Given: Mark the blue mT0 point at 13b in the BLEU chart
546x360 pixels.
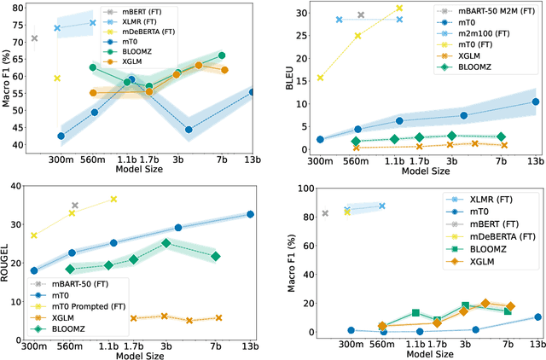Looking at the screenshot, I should pyautogui.click(x=535, y=102).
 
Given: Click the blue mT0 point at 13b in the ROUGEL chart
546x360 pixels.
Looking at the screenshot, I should pyautogui.click(x=250, y=214).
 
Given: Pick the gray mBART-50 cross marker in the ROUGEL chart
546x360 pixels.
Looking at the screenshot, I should pyautogui.click(x=74, y=206).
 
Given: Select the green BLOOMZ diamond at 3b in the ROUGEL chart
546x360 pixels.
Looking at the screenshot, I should pyautogui.click(x=166, y=242).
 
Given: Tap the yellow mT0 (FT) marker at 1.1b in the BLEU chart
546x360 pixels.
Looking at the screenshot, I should pyautogui.click(x=398, y=9).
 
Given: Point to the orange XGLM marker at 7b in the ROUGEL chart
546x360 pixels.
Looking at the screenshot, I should pyautogui.click(x=218, y=318).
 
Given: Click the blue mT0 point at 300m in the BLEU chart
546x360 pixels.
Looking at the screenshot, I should pyautogui.click(x=320, y=139).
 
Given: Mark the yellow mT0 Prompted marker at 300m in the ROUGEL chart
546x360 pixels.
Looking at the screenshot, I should pyautogui.click(x=34, y=235).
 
